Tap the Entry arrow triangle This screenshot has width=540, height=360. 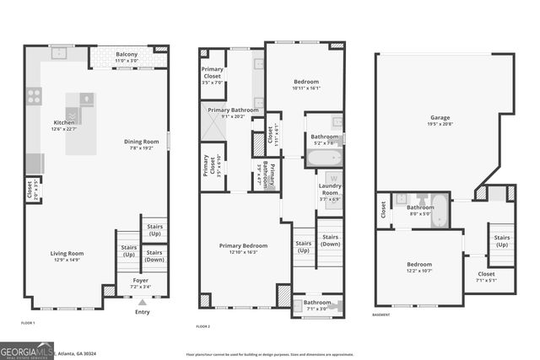click(x=142, y=301)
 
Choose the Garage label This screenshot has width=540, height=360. click(x=441, y=120)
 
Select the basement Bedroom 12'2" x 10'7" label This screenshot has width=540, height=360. click(x=419, y=266)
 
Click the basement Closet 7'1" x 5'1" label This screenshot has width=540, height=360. click(x=487, y=277)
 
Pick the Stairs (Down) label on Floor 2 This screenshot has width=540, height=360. click(x=330, y=239)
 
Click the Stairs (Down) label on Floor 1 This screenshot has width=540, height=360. click(x=154, y=255)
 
